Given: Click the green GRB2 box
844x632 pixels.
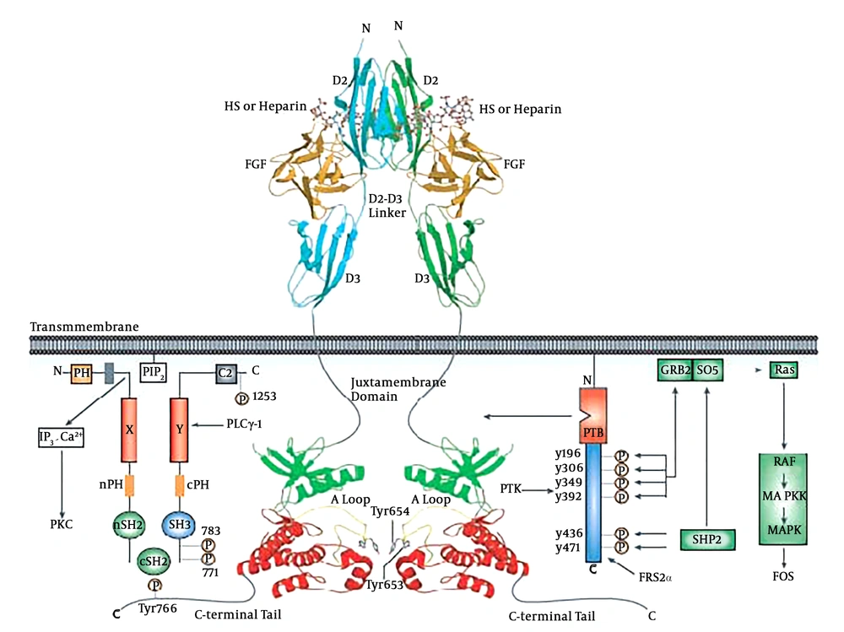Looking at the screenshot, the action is coord(675,370).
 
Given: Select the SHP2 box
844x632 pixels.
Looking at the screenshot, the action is coord(707,539).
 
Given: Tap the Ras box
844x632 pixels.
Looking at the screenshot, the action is coord(784,370).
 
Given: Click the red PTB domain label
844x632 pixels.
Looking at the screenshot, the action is coord(593,433).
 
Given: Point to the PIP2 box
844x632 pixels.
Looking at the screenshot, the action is coord(154,372).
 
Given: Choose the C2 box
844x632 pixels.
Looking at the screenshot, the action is coord(226,373).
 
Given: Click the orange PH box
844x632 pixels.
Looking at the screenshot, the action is coord(82,373).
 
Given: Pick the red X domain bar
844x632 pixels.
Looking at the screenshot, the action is coord(129,429).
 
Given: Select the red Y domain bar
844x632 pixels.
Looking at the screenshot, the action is coord(179,429).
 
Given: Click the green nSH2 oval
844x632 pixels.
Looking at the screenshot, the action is coord(128,525).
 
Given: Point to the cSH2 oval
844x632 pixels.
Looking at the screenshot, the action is coord(154,561).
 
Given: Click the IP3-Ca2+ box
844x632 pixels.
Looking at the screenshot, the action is coord(61,437).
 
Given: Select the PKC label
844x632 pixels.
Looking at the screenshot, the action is coord(62,524).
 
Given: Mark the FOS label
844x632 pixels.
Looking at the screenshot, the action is coord(783,576).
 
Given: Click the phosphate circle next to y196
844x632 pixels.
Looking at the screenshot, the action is coord(621,456).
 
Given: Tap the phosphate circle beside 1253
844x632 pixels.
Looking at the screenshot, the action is coord(241,398).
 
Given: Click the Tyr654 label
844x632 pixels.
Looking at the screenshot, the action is coord(390,511).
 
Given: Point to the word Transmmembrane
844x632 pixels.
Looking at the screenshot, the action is coord(84,327).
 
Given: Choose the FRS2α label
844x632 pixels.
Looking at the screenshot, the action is coord(655,578).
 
